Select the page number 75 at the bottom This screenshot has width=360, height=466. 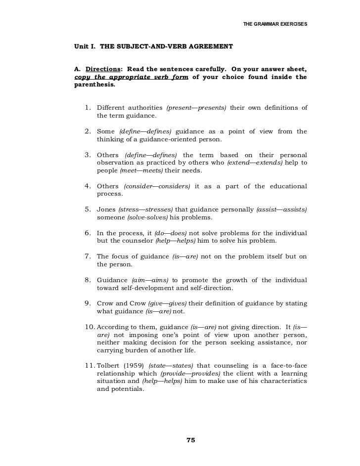coord(191,441)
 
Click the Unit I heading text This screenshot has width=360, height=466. coord(153,46)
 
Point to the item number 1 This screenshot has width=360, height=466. coord(88,108)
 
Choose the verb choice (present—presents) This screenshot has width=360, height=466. coord(197,108)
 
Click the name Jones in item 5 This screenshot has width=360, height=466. coord(106,210)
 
